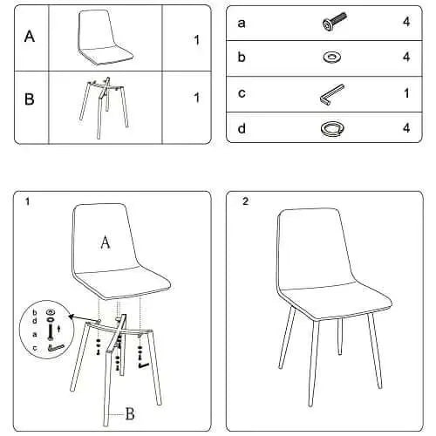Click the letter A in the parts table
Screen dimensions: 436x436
coord(30,37)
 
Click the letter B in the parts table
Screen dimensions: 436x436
coord(29,99)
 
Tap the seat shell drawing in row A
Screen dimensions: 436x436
coord(105,37)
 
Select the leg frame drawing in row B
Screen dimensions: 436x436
coord(104,107)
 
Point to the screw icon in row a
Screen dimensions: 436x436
coord(335,22)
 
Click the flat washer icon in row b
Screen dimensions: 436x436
coord(332,57)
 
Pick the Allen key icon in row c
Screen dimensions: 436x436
coord(331,95)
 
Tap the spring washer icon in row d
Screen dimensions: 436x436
coord(332,128)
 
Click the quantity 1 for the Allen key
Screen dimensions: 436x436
coord(406,93)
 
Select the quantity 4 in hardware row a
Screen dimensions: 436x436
coord(406,22)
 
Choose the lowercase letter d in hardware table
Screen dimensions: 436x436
coord(242,128)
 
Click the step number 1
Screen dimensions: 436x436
coord(27,201)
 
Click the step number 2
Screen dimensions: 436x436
coord(246,201)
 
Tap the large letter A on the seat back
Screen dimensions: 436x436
coord(106,242)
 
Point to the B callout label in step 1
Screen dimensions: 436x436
coord(130,413)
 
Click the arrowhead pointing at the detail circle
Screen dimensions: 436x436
coord(71,317)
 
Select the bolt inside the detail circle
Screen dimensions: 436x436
coord(51,331)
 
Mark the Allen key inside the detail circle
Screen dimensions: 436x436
coord(56,347)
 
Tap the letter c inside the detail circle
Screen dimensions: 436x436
coord(35,348)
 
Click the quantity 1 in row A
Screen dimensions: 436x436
coord(197,40)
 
